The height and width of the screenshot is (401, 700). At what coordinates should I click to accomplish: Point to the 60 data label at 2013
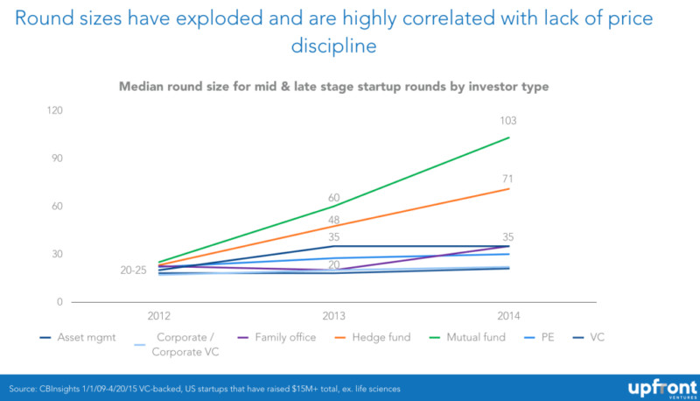[334, 197]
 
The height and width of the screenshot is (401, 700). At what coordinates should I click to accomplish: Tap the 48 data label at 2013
[334, 221]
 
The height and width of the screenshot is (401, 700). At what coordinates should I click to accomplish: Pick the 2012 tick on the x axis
[159, 314]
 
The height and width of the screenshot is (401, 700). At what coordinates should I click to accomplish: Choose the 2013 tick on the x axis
[334, 314]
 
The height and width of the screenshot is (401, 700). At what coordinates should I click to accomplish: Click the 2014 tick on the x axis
[509, 314]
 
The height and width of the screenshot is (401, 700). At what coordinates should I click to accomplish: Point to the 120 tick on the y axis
[56, 110]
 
